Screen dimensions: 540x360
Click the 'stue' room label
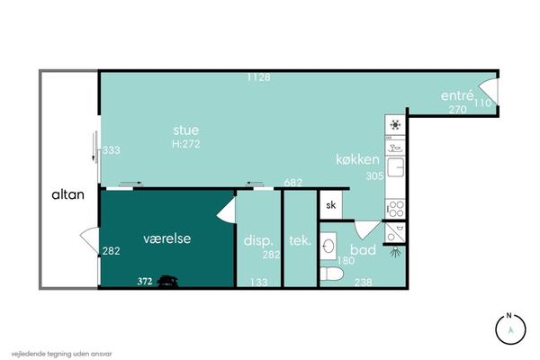186,130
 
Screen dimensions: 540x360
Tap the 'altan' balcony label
67,194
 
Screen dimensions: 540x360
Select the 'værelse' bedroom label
167,238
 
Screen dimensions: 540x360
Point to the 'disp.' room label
258,240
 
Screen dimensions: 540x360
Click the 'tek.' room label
300,240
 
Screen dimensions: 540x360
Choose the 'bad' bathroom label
363,249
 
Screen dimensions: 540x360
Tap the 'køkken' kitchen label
358,159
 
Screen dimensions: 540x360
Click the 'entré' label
457,95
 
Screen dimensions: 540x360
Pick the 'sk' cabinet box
331,205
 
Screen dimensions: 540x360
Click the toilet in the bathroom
331,274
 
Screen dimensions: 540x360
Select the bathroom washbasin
328,244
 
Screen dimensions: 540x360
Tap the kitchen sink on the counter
395,167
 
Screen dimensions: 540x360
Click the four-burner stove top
395,209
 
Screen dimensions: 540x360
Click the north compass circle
510,329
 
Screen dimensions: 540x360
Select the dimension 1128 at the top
258,77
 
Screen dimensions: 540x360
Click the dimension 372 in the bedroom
145,282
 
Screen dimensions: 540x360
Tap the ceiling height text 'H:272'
186,144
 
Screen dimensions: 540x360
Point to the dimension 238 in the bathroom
363,283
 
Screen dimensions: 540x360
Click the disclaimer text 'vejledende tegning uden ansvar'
61,354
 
